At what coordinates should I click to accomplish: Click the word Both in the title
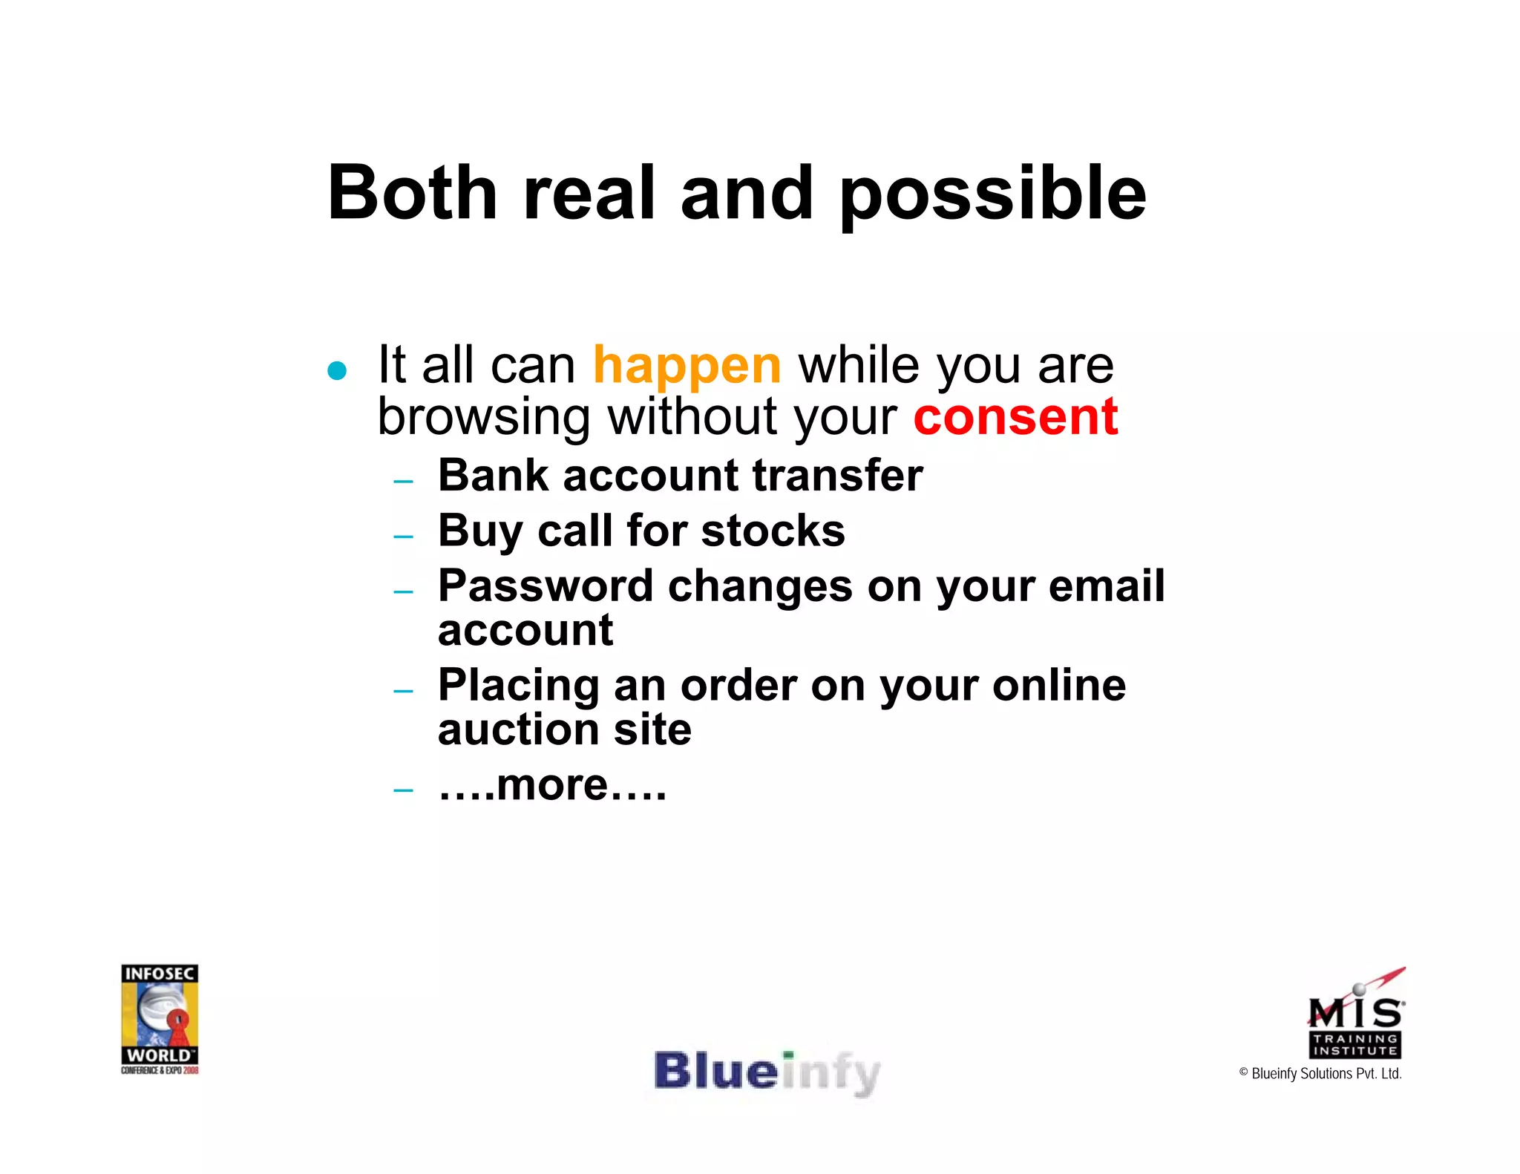click(412, 193)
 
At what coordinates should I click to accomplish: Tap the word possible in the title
click(993, 194)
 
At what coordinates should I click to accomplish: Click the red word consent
click(1015, 417)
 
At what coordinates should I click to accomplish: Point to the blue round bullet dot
click(337, 370)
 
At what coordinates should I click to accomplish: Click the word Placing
click(518, 686)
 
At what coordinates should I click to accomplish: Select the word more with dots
click(552, 785)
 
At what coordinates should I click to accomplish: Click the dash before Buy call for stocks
click(403, 536)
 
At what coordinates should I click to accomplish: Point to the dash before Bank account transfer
click(403, 482)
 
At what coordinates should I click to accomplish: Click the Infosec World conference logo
click(160, 1018)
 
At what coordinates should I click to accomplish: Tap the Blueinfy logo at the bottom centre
click(767, 1072)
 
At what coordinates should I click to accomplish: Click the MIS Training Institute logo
click(1355, 1014)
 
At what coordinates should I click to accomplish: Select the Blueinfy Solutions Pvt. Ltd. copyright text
click(1320, 1074)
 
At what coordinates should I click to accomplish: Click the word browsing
click(484, 417)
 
